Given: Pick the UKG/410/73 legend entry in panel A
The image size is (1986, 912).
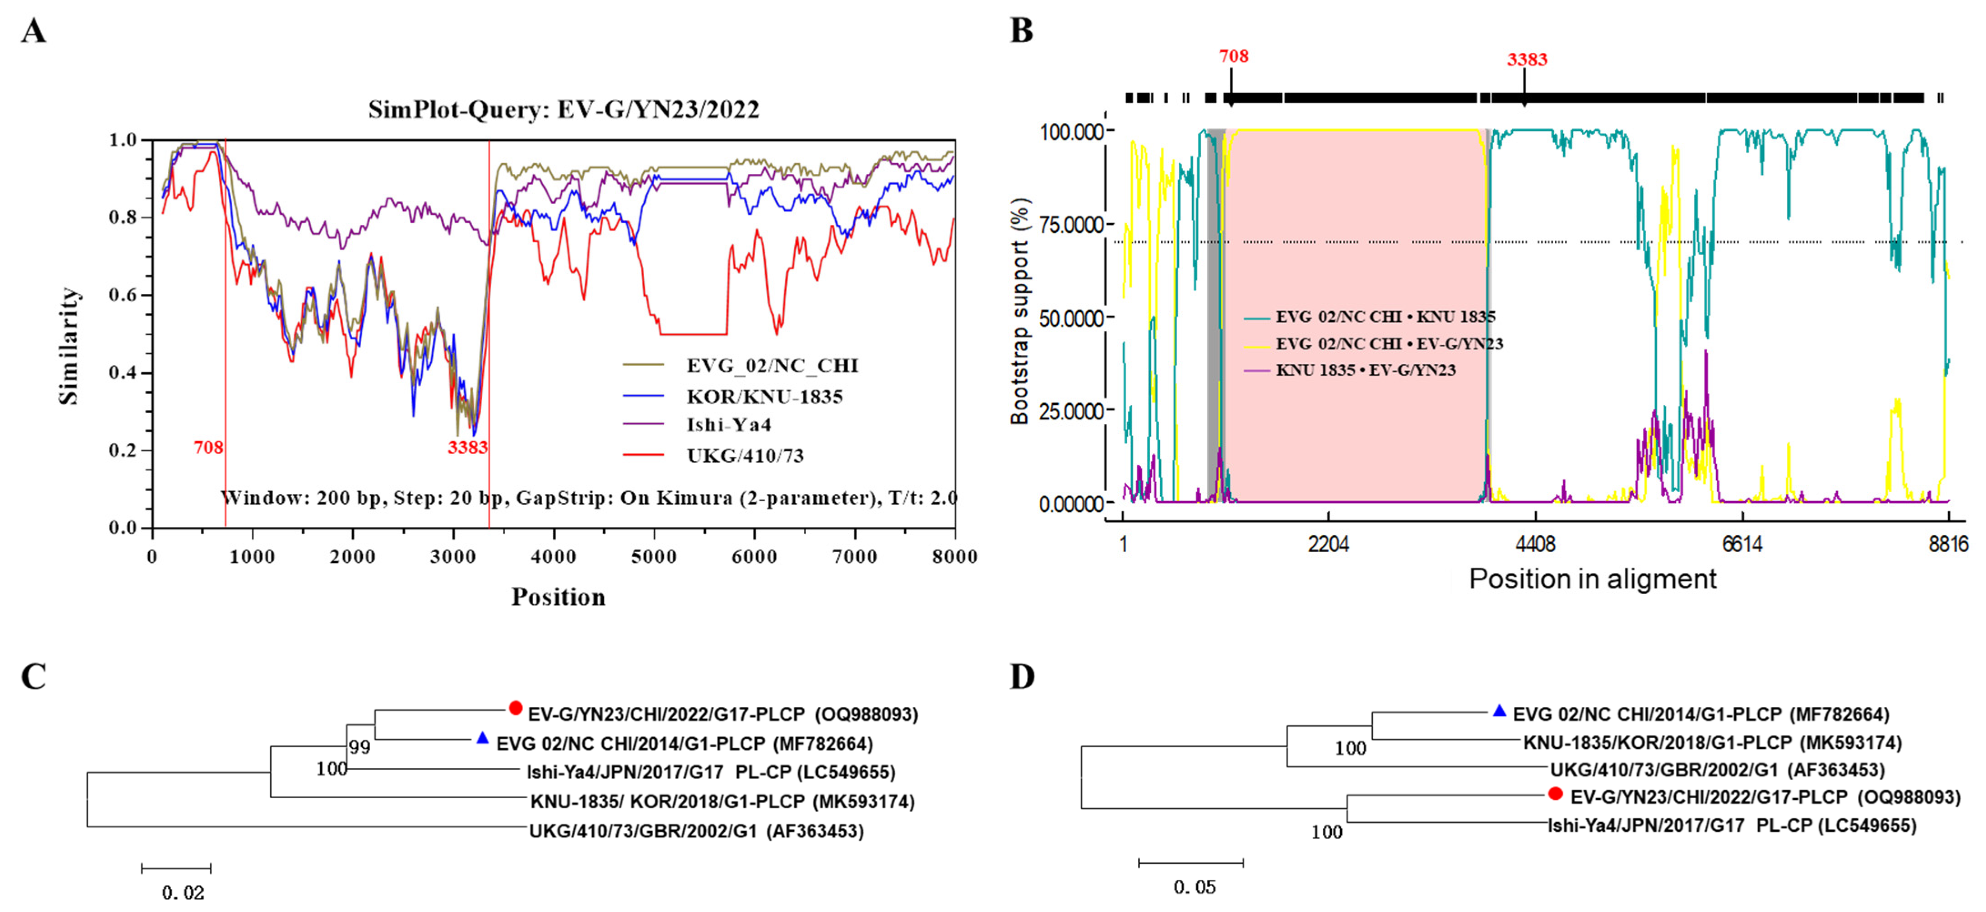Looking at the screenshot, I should pyautogui.click(x=745, y=456).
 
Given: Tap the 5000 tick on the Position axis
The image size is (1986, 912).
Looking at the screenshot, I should pyautogui.click(x=654, y=557).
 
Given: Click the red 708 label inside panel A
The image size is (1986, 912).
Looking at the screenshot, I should pyautogui.click(x=208, y=447).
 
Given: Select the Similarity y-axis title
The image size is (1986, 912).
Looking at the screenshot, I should pyautogui.click(x=70, y=345).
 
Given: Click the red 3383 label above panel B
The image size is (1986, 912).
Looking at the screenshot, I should pyautogui.click(x=1527, y=60).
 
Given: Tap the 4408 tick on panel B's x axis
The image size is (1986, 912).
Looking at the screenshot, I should pyautogui.click(x=1535, y=544).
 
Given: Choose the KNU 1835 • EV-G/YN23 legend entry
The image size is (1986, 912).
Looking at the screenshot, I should pyautogui.click(x=1365, y=370).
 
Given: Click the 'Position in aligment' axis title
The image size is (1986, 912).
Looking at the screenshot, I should pyautogui.click(x=1592, y=579).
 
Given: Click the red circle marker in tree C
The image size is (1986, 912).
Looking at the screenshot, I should pyautogui.click(x=516, y=708).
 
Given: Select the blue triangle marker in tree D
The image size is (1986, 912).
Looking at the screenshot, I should pyautogui.click(x=1499, y=711).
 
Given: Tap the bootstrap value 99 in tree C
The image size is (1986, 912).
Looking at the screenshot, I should pyautogui.click(x=359, y=747).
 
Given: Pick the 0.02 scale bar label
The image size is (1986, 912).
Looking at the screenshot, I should pyautogui.click(x=183, y=893).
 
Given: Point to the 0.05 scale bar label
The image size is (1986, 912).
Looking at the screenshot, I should pyautogui.click(x=1194, y=887).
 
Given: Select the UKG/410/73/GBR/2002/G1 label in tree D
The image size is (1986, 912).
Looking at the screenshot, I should pyautogui.click(x=1717, y=769).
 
